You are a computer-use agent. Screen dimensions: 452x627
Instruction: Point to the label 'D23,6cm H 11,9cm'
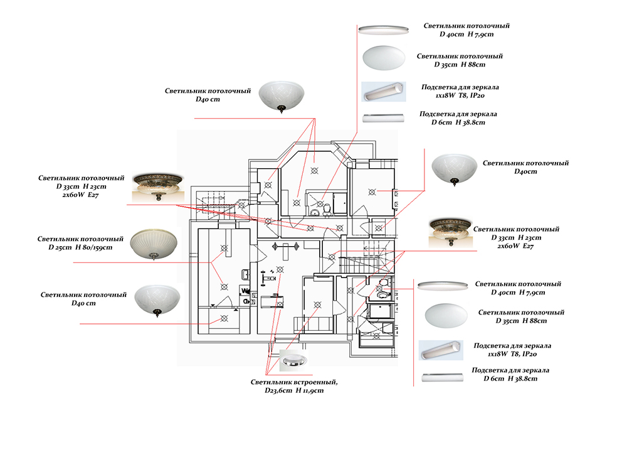(x=294, y=390)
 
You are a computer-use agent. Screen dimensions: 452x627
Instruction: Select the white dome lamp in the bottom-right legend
(x=446, y=314)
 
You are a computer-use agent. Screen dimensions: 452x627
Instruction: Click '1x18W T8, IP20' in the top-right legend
(x=454, y=95)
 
